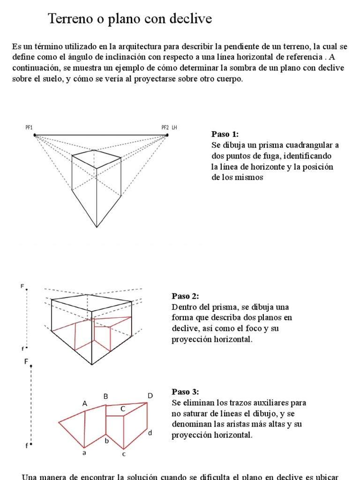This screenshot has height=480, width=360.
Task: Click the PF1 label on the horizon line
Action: [x=29, y=127]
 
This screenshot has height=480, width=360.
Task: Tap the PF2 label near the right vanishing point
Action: [x=165, y=127]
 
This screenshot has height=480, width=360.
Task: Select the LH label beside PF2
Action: [x=174, y=127]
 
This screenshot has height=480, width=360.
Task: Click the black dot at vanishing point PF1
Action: [x=35, y=135]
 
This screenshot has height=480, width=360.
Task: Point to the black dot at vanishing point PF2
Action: [x=167, y=135]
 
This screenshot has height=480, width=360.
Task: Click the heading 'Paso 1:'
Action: [x=225, y=134]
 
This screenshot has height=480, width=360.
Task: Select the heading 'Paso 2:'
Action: [x=185, y=296]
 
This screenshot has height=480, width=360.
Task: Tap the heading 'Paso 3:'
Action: [x=185, y=391]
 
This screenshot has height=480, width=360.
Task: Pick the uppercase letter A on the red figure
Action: [x=85, y=403]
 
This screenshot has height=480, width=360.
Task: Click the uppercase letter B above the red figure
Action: [x=106, y=397]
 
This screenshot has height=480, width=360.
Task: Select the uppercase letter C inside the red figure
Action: [x=123, y=409]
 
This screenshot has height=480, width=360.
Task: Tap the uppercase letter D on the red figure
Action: [x=150, y=396]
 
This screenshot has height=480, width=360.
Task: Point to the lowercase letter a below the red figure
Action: [x=84, y=453]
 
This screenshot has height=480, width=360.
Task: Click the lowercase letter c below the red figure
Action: [x=124, y=453]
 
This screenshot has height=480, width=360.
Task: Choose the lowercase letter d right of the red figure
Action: [x=150, y=433]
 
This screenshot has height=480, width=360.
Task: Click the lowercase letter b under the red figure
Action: [x=106, y=441]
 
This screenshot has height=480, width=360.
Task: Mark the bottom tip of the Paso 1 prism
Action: [x=97, y=228]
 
